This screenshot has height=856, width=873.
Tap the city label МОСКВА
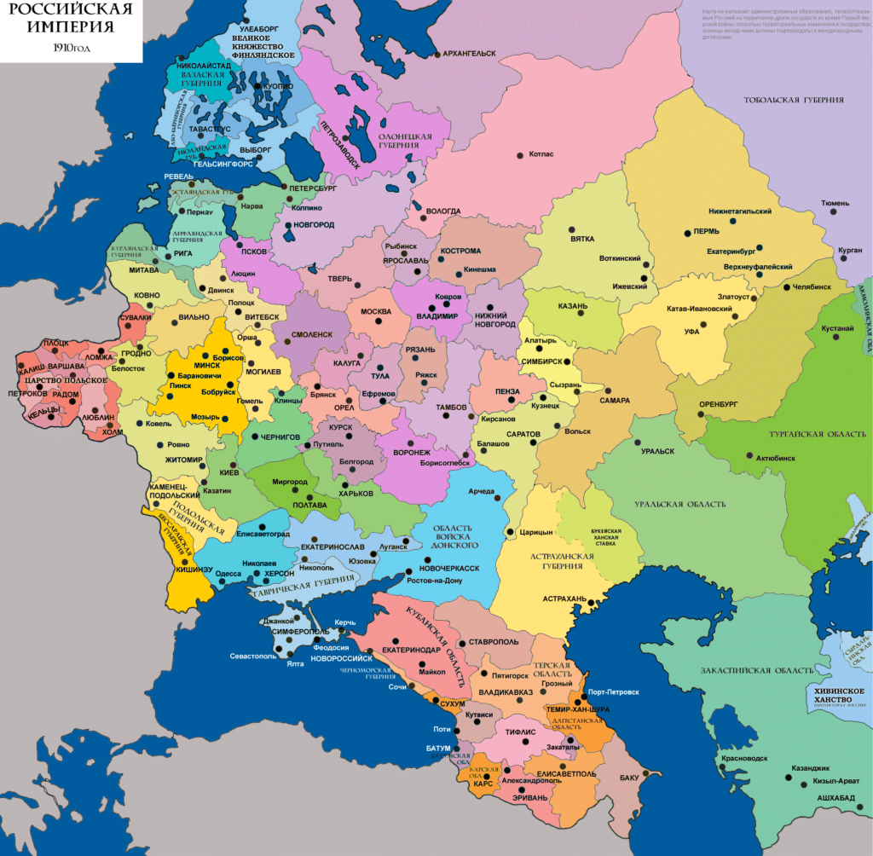pyautogui.click(x=376, y=312)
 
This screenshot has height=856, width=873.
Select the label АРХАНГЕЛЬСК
pyautogui.click(x=469, y=54)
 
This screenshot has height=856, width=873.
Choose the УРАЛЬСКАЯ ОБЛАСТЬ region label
pyautogui.click(x=679, y=505)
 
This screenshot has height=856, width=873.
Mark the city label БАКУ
pyautogui.click(x=629, y=778)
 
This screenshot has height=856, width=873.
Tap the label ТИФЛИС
pyautogui.click(x=519, y=732)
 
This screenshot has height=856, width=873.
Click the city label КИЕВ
pyautogui.click(x=228, y=472)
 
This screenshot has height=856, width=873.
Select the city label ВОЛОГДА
pyautogui.click(x=443, y=211)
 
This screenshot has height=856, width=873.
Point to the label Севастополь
pyautogui.click(x=253, y=656)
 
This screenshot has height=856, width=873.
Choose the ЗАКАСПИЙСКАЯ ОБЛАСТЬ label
pyautogui.click(x=750, y=671)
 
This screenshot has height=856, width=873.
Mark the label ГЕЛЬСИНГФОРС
pyautogui.click(x=223, y=164)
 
